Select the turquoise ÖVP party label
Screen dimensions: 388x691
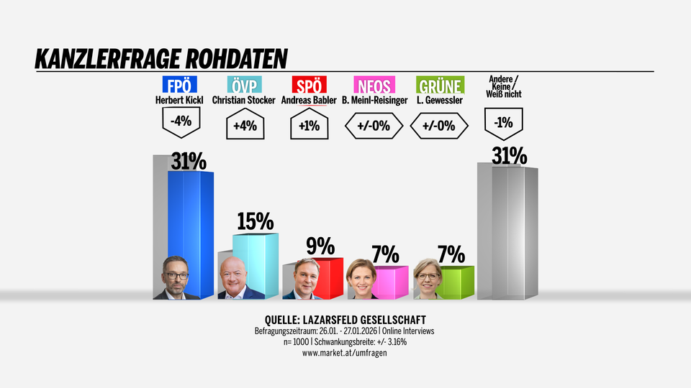pyautogui.click(x=243, y=86)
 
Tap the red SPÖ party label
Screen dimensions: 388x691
pyautogui.click(x=309, y=86)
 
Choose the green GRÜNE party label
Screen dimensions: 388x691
pyautogui.click(x=440, y=86)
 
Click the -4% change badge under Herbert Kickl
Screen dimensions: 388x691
pyautogui.click(x=180, y=121)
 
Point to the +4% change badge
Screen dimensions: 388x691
pyautogui.click(x=244, y=126)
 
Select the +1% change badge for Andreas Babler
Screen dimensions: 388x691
pyautogui.click(x=309, y=126)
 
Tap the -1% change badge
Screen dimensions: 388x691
pyautogui.click(x=504, y=122)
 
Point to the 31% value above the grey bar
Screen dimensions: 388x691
pyautogui.click(x=509, y=156)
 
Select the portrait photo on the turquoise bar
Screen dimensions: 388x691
pyautogui.click(x=240, y=278)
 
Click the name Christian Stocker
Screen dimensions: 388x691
pyautogui.click(x=244, y=101)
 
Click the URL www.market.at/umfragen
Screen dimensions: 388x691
pyautogui.click(x=345, y=353)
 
